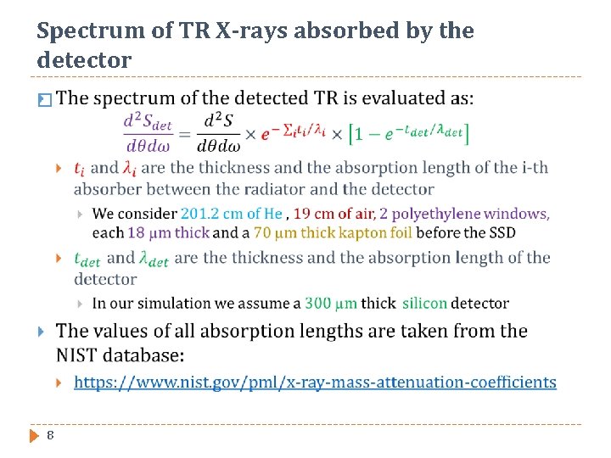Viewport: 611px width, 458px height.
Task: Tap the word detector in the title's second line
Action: coord(84,61)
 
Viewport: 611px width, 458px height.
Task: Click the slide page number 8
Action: coord(51,435)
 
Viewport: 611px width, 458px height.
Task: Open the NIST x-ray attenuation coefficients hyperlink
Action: coord(315,382)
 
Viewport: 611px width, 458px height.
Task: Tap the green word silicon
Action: coord(424,303)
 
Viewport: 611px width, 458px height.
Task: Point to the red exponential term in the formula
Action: coord(291,132)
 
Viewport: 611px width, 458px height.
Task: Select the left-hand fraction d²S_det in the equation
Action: coord(148,133)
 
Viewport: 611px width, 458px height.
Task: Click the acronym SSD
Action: coord(501,232)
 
